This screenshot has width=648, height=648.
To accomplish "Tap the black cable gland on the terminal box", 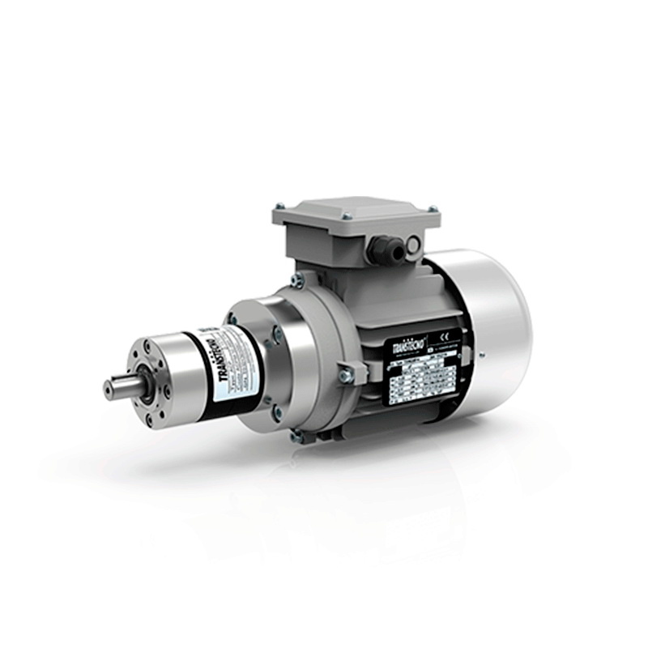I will tap(380, 249).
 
